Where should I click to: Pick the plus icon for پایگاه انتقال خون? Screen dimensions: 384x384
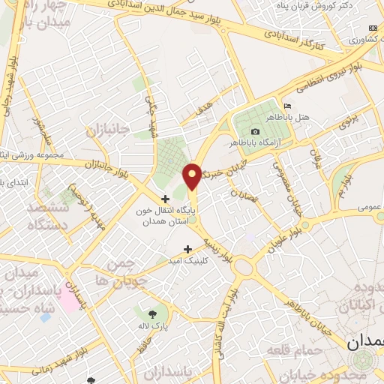(x=166, y=198)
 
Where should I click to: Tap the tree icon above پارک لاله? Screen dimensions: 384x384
(x=153, y=313)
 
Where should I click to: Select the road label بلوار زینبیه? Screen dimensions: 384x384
(x=217, y=251)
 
